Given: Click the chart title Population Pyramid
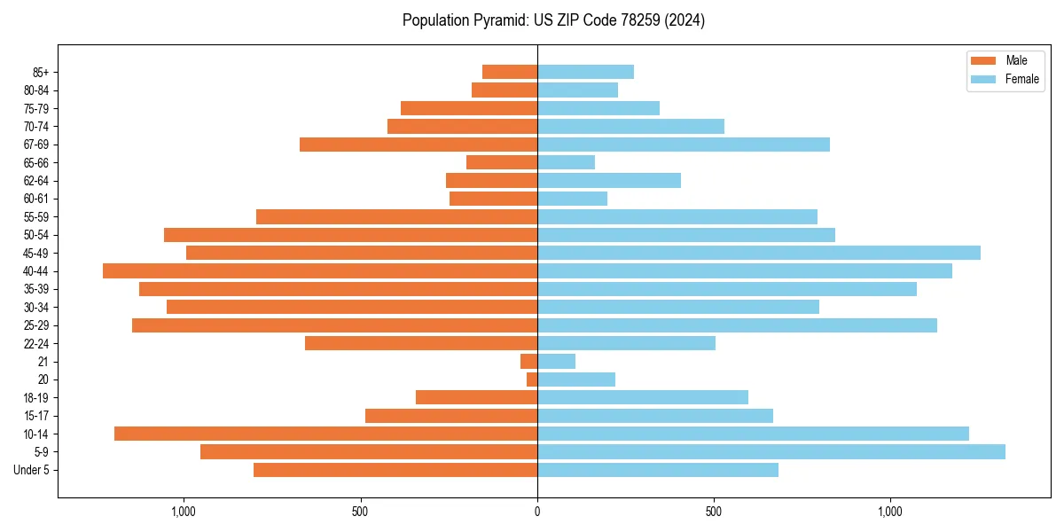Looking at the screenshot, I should [553, 20].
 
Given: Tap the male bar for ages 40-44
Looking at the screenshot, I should [320, 270].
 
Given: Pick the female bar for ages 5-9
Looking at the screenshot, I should [771, 451].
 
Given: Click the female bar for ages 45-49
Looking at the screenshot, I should [758, 253].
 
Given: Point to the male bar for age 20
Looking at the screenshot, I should [532, 379].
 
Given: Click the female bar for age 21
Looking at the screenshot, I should [556, 361].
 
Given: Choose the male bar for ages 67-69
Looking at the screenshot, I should [419, 145].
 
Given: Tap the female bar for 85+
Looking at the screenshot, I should [585, 72].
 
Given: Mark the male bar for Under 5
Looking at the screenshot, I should [395, 470].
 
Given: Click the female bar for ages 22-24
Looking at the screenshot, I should [626, 343].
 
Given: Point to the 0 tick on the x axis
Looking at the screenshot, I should [537, 511].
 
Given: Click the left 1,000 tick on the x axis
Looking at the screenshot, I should [184, 511].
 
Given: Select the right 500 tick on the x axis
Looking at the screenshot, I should [714, 511].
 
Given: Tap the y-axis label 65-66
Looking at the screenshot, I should [35, 162].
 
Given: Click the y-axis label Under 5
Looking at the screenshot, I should [32, 470].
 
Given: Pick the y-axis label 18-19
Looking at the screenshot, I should [35, 397].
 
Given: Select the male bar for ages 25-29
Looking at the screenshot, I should [334, 325].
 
